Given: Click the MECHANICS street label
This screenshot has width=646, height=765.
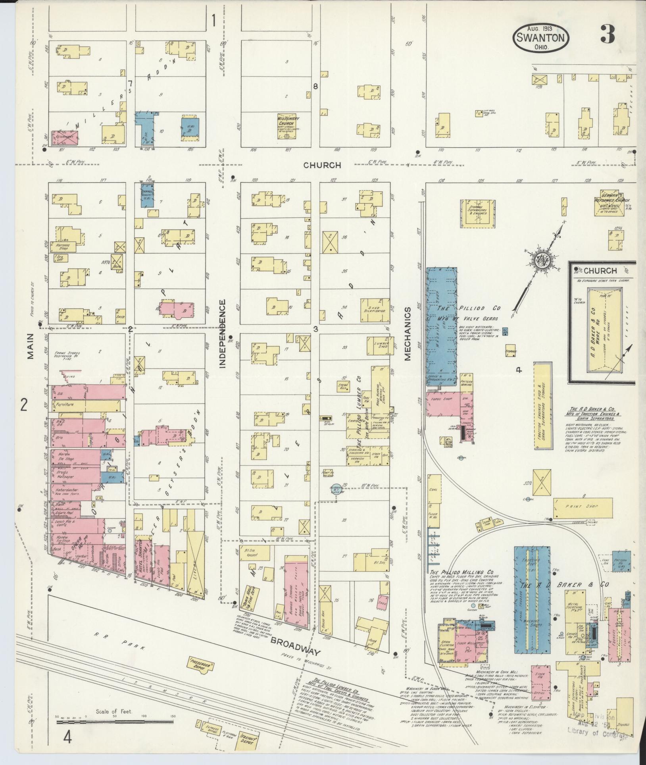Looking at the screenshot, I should (408, 333).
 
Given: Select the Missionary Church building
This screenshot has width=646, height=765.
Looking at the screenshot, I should (288, 126).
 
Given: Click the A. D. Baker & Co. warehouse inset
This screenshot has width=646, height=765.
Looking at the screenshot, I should (602, 322).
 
